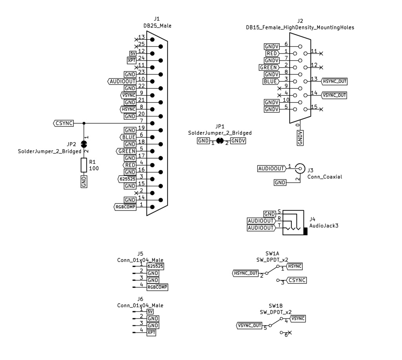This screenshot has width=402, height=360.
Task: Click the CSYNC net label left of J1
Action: [x=64, y=123]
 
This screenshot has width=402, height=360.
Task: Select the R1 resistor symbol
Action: [x=84, y=165]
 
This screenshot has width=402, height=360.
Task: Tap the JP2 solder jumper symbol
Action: [x=84, y=144]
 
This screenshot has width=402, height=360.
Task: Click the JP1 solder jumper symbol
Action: [x=220, y=141]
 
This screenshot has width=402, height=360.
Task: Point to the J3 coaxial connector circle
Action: [x=300, y=168]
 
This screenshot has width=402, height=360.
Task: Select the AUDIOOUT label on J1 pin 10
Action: [x=122, y=81]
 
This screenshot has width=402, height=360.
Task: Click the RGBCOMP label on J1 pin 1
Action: [x=125, y=206]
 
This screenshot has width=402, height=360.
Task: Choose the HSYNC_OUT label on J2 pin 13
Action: [x=334, y=81]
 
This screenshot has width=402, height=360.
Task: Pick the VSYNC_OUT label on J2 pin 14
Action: [x=334, y=95]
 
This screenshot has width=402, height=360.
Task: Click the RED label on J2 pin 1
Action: [x=272, y=53]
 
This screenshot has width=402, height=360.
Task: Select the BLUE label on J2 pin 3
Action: [x=271, y=82]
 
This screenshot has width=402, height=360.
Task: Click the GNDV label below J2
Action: [x=300, y=138]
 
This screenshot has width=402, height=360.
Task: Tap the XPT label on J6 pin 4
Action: [x=152, y=333]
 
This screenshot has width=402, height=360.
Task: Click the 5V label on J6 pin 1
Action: [x=150, y=311]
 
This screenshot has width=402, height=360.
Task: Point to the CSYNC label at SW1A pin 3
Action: [x=296, y=280]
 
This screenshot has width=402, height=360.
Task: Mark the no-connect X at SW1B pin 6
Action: [x=290, y=333]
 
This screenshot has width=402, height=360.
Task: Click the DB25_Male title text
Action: [x=157, y=26]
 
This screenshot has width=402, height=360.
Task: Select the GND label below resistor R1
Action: [x=84, y=182]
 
